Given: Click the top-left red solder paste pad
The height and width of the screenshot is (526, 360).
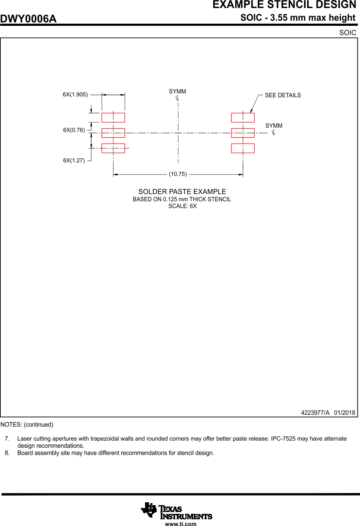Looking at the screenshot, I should click(x=113, y=118).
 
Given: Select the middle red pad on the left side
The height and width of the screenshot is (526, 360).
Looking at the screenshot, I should click(x=113, y=133).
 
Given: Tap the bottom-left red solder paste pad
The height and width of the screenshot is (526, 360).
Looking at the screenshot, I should click(x=113, y=148).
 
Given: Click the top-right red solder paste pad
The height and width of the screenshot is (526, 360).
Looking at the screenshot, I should click(x=243, y=118).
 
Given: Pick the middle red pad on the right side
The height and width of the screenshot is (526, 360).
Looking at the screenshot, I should click(x=243, y=133).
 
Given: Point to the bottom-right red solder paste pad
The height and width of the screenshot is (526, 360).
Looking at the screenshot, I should click(x=243, y=148).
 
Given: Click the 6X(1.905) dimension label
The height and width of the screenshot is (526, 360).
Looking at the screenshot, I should click(x=75, y=95).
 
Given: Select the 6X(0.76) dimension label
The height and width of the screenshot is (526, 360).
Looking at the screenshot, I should click(x=74, y=130).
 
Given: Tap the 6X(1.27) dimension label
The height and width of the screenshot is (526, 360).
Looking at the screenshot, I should click(x=74, y=161).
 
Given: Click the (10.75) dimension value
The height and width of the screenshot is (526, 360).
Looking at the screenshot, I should click(x=178, y=174).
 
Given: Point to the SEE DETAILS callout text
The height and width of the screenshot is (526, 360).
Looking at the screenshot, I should click(x=283, y=96).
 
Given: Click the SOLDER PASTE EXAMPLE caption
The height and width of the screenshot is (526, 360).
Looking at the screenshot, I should click(x=182, y=192).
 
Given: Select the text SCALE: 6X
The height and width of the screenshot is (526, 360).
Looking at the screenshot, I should click(x=182, y=206).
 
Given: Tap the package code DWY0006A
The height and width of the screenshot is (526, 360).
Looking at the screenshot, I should click(x=28, y=19).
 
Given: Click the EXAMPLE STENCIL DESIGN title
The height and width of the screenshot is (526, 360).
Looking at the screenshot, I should click(x=284, y=5).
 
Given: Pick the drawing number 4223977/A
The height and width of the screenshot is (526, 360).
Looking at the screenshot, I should click(x=315, y=413).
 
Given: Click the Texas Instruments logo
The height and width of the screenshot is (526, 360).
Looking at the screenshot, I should click(x=177, y=510).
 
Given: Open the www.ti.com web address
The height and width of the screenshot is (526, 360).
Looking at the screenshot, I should click(x=181, y=524).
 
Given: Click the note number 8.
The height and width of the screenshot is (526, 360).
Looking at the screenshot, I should click(x=7, y=453).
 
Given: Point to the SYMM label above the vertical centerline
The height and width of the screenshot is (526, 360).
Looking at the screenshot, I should click(x=177, y=92).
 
